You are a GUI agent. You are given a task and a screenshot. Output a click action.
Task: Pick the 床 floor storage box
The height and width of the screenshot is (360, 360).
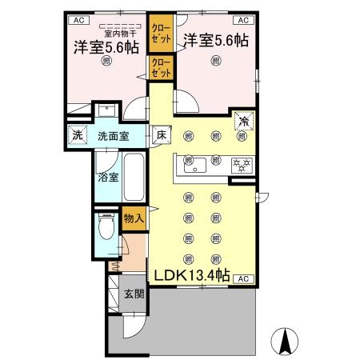coord(161,137)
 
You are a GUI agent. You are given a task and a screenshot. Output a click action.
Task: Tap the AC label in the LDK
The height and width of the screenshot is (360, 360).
coord(243,278)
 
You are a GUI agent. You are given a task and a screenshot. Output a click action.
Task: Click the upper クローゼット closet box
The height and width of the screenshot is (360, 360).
coord(160,32)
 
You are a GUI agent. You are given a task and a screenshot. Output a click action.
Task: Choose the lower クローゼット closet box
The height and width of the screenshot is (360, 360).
coord(160,67)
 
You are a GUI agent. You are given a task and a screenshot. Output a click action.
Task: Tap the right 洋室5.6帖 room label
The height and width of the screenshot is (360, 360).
coord(214,40)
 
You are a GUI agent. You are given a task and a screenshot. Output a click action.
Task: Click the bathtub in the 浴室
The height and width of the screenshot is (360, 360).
coord(134,178)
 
